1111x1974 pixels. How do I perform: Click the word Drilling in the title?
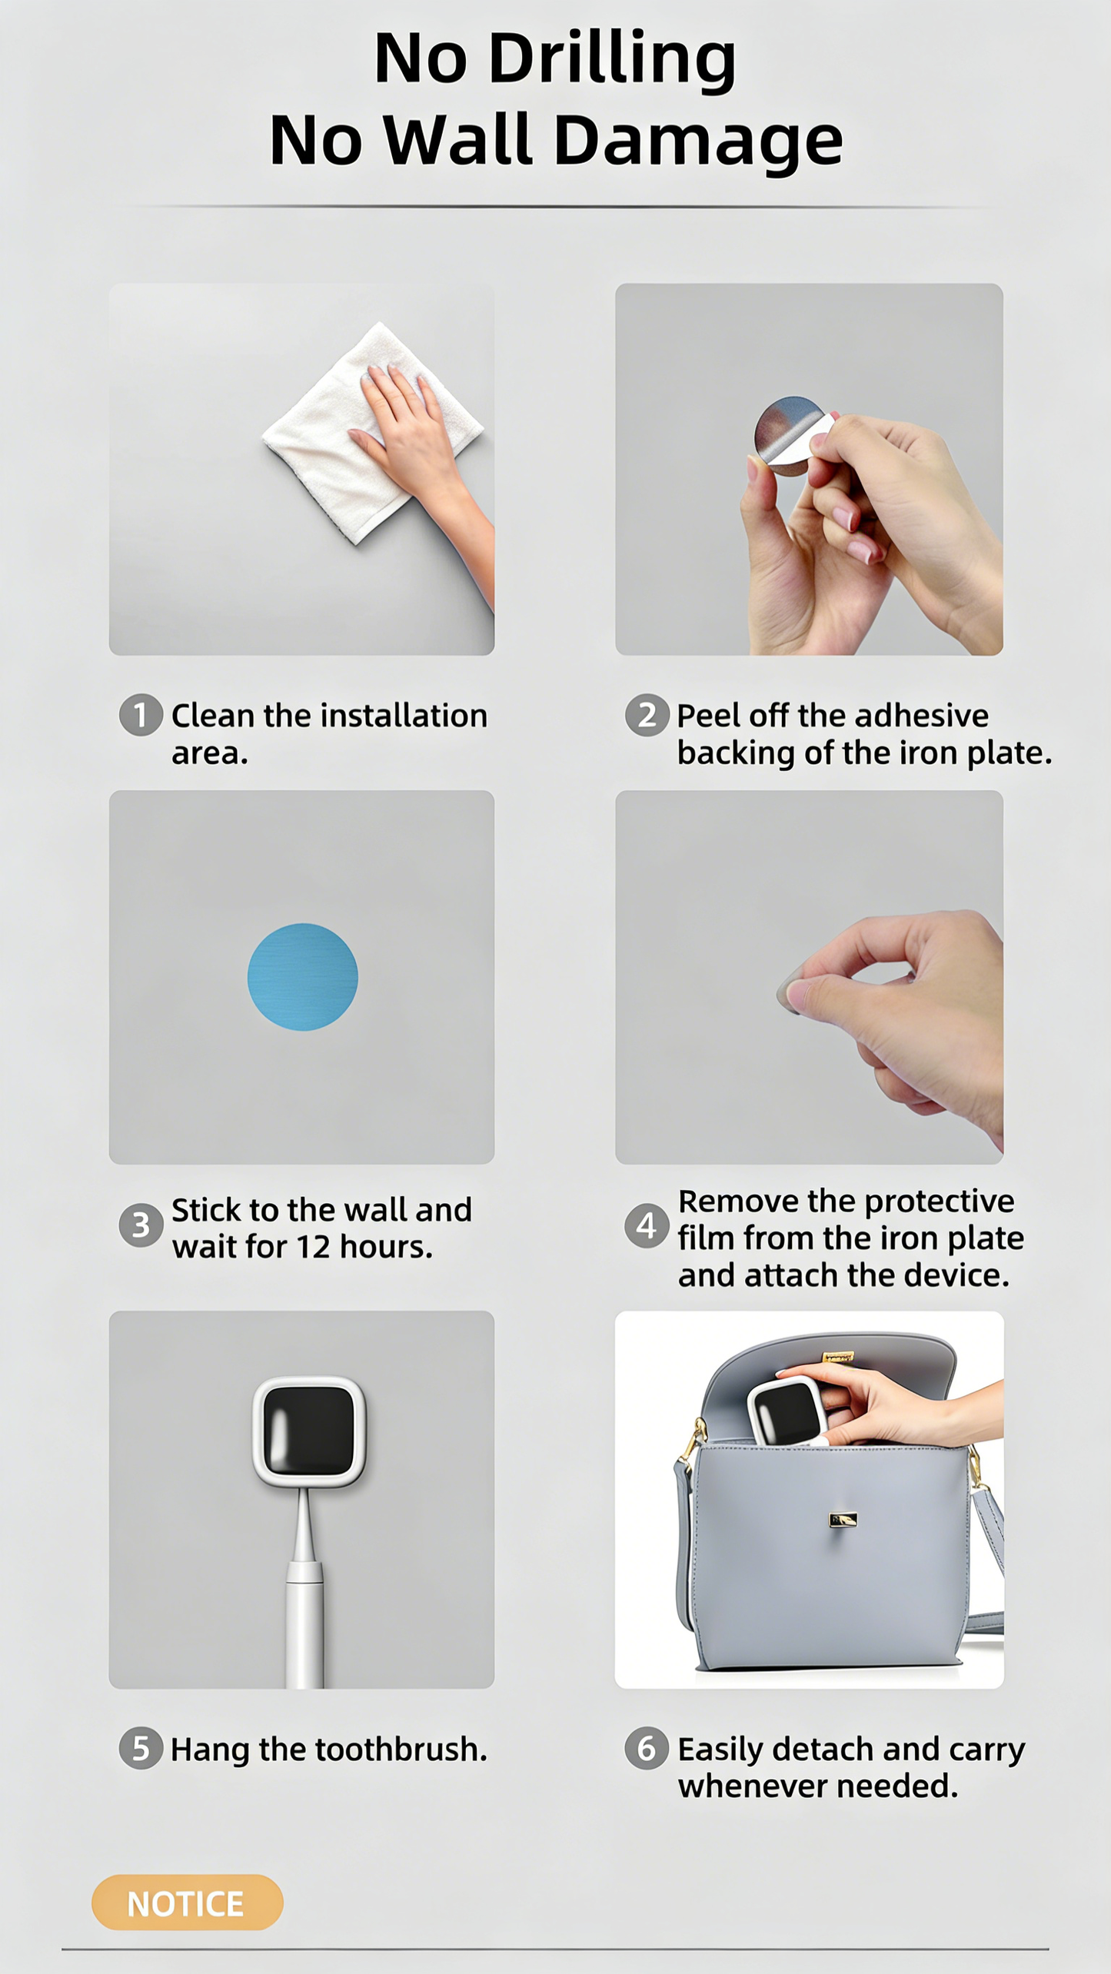(x=612, y=60)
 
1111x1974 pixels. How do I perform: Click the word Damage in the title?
(x=698, y=141)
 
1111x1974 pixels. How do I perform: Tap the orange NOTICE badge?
(x=187, y=1903)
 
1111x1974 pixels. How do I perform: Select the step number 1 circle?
(x=141, y=715)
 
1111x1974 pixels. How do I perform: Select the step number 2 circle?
(x=647, y=715)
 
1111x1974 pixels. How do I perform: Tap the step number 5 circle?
(x=141, y=1748)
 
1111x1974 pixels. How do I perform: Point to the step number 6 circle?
(x=647, y=1748)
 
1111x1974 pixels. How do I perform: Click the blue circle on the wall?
(x=302, y=976)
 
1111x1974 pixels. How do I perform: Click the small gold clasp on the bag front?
(x=843, y=1519)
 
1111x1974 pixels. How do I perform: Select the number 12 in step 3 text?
(x=313, y=1247)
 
